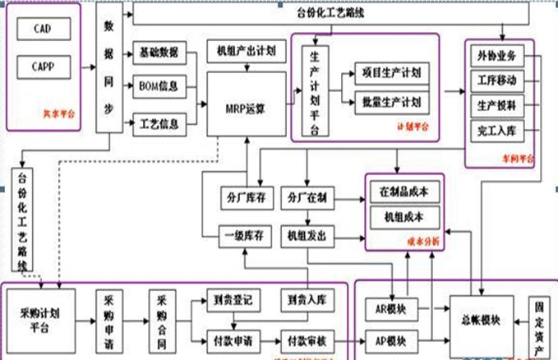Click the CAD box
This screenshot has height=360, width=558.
point(44,29)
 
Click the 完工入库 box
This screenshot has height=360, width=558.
point(497,131)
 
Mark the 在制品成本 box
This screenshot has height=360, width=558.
point(404,191)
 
